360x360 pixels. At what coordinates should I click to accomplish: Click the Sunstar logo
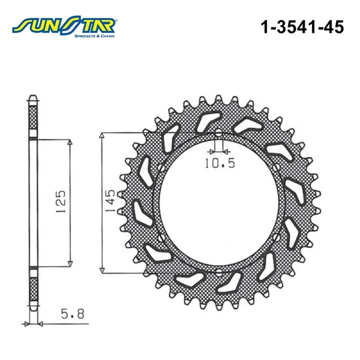coord(64,26)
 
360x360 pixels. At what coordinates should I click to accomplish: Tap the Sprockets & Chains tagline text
coord(94,36)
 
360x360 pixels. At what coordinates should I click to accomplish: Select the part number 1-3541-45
coord(302,27)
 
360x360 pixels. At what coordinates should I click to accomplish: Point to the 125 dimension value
coord(61,201)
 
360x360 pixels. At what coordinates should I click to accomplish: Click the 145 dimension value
coord(110,201)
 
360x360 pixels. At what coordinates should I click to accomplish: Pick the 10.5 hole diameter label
coord(220,163)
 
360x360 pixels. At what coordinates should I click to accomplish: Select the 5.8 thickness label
coord(72,314)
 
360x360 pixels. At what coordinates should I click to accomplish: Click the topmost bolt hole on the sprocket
coord(219,133)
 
